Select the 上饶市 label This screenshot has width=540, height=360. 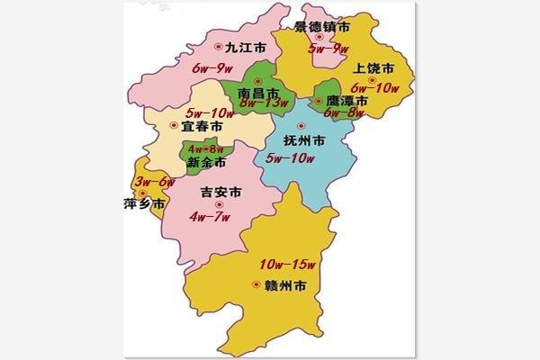(371, 67)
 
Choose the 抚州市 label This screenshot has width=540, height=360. (303, 143)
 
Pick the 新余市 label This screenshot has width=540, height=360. (208, 163)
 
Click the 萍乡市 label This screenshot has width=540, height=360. (144, 204)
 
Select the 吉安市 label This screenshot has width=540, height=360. (221, 193)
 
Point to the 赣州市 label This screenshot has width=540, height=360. (286, 286)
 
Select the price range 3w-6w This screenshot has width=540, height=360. (154, 183)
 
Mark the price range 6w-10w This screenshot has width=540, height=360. (375, 87)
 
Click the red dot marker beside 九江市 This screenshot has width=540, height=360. (218, 47)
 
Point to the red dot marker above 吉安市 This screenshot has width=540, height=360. (219, 205)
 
